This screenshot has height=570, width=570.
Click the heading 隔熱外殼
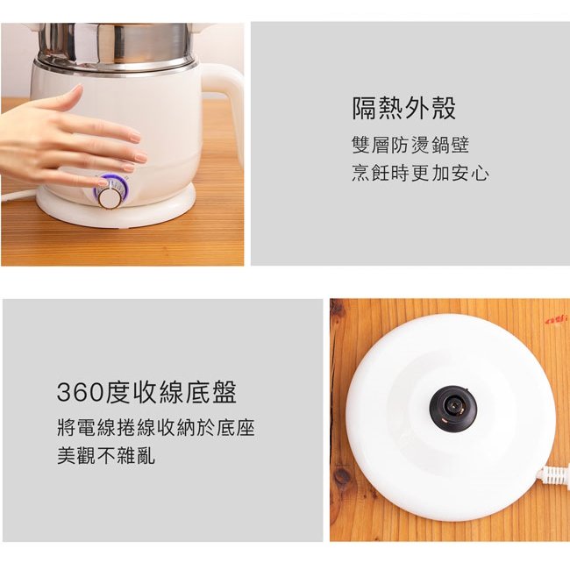[403, 108]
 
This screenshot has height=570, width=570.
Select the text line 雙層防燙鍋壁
[410, 145]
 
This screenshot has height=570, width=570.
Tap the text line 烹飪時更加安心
[420, 173]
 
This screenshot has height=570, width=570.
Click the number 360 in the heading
[81, 393]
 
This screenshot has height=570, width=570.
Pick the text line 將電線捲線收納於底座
[155, 428]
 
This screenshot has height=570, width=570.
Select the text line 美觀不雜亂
[106, 455]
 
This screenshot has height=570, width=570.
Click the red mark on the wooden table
[555, 320]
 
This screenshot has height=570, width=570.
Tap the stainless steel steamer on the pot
[115, 45]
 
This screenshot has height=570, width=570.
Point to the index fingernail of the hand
[136, 137]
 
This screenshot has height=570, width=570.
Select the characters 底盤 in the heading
[210, 392]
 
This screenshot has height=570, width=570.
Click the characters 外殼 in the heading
[430, 108]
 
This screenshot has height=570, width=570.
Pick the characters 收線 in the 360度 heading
[159, 392]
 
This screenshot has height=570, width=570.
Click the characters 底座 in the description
[236, 428]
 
